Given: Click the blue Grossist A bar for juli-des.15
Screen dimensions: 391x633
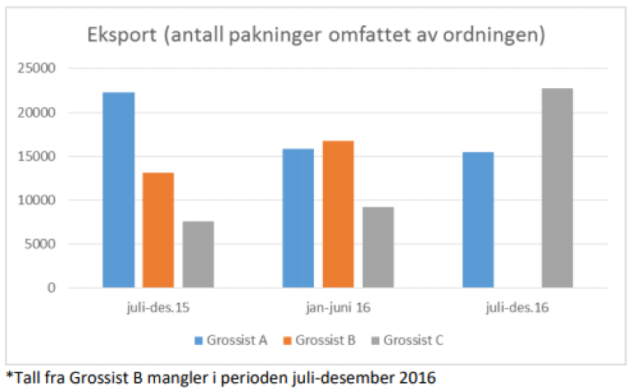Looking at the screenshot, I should coord(119,190).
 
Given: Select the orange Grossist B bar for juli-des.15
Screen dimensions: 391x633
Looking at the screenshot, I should coord(158,230).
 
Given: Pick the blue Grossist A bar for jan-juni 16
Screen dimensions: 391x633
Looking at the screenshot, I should coord(298,218).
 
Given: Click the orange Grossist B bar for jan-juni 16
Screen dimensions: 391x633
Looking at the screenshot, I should coord(338,214).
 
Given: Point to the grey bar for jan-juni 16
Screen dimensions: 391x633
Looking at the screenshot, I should coord(377,247).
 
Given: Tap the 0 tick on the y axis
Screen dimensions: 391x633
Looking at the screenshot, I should coord(50,288).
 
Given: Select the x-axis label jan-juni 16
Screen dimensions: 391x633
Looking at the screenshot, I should coord(338,307).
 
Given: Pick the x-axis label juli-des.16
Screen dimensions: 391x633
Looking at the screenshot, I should coord(518,307).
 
